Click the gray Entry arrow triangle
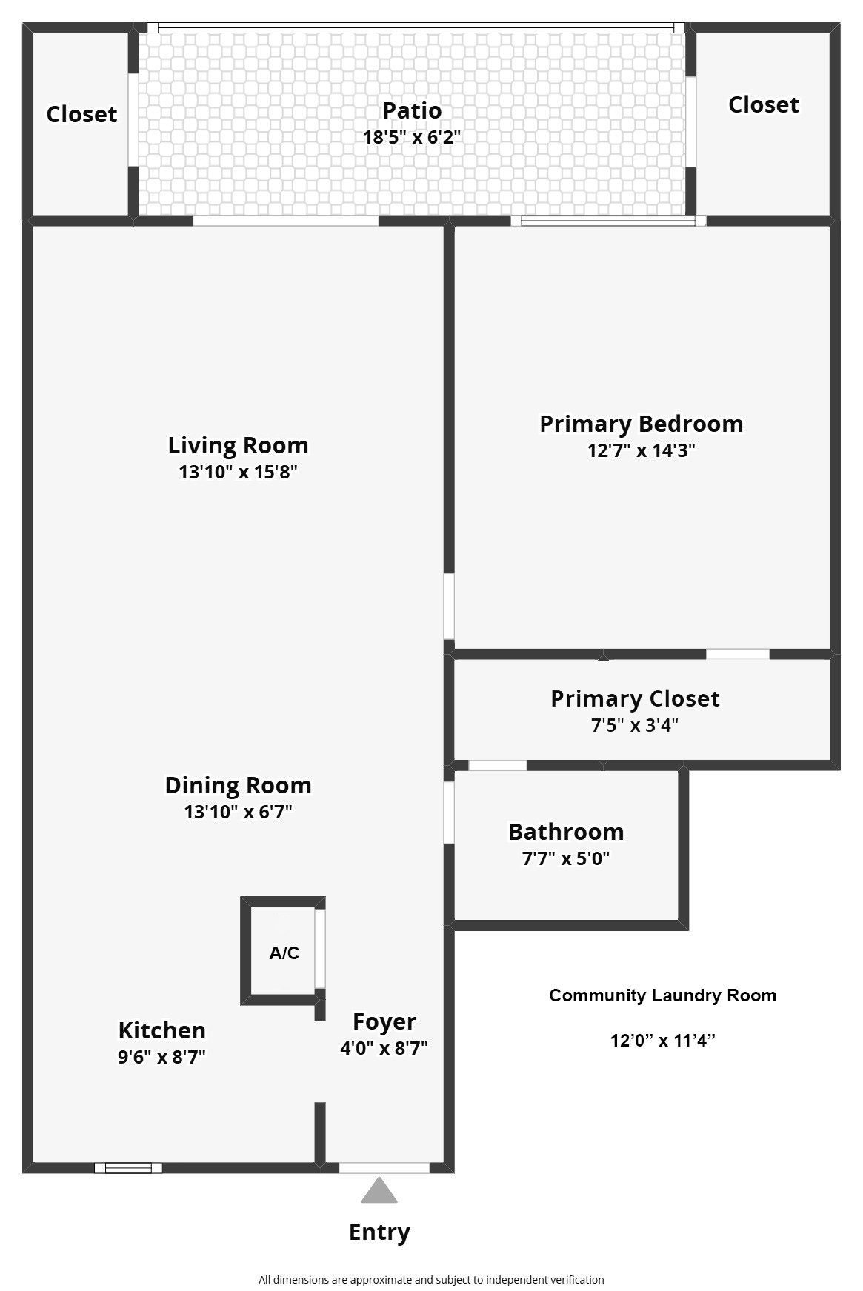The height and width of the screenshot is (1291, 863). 379,1192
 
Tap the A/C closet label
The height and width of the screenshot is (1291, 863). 284,953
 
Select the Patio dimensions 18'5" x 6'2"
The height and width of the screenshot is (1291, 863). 412,137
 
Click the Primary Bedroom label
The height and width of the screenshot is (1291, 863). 641,424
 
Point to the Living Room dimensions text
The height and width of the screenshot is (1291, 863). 238,472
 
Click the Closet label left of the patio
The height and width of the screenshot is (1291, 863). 81,114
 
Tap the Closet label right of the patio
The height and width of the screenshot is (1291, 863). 763,104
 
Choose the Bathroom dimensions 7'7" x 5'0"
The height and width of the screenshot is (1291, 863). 566,858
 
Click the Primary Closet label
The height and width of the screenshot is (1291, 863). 635,698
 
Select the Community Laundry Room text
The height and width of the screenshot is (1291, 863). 662,995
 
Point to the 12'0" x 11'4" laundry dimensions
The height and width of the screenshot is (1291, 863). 662,1041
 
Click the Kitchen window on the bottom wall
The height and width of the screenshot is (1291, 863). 128,1168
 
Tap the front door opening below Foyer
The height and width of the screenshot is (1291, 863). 384,1168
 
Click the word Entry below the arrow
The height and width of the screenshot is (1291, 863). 379,1232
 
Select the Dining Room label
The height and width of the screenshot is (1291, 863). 238,785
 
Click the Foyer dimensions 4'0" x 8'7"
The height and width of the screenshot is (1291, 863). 384,1048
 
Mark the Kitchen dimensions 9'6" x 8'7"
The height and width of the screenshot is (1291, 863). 161,1057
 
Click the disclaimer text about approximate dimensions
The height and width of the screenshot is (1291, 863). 431,1279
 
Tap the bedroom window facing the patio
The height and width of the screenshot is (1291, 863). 608,220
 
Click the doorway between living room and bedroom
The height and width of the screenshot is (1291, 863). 449,606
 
